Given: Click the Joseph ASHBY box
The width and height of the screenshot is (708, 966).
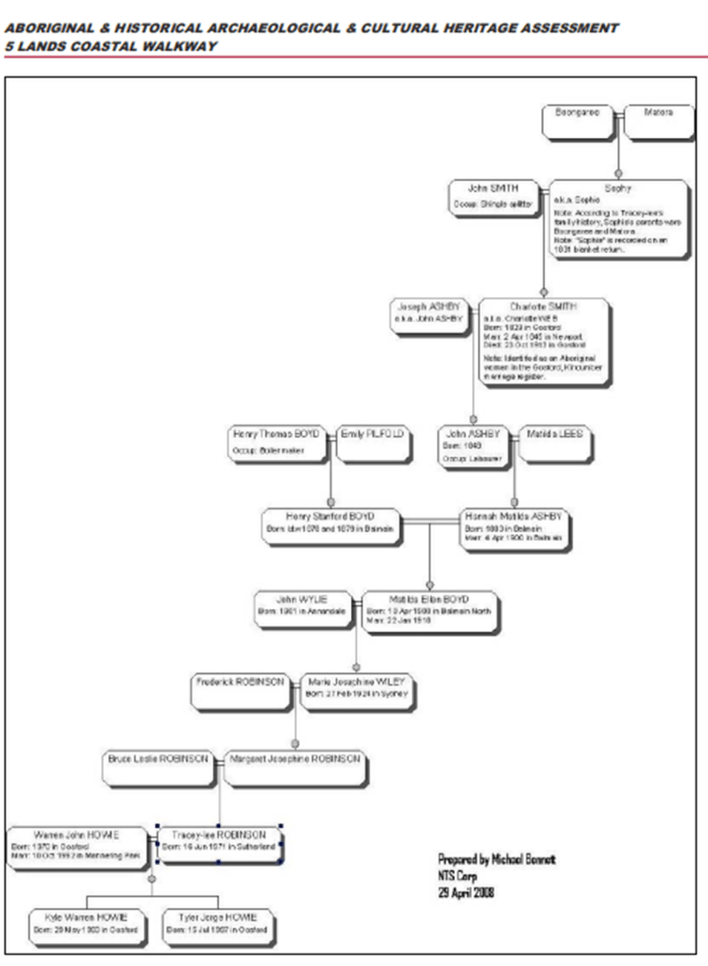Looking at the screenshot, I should click(431, 314).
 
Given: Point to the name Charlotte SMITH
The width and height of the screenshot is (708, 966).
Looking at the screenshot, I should click(543, 306).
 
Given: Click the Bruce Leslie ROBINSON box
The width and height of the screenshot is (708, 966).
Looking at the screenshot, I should click(159, 766).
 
